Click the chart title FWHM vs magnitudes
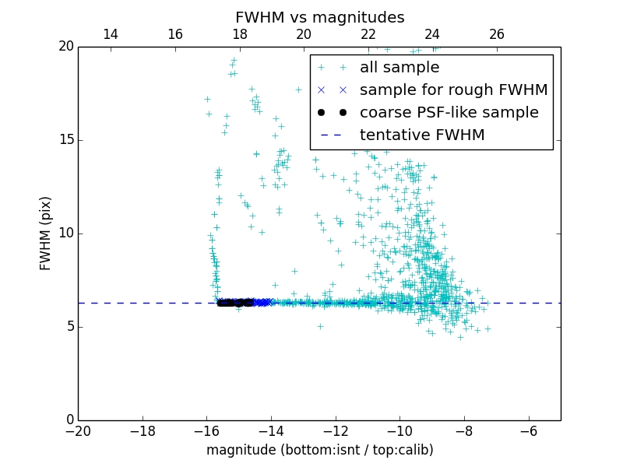pos(319,17)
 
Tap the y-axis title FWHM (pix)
pos(46,233)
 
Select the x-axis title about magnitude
pos(319,450)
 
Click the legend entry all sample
pos(399,68)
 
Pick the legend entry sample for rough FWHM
pos(453,90)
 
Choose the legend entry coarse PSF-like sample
pos(449,113)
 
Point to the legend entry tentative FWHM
pos(422,135)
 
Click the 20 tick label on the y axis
pos(65,47)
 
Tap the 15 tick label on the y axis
pos(65,140)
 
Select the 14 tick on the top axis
pos(111,34)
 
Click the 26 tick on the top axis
pos(497,34)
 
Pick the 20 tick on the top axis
pos(304,34)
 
